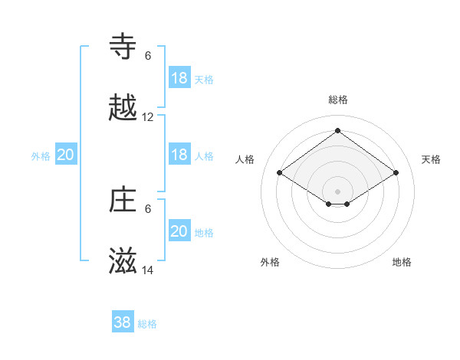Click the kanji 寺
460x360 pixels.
123,46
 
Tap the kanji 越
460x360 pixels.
123,108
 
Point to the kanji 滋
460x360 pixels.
123,262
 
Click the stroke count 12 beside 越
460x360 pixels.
148,117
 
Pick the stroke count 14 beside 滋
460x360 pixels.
148,271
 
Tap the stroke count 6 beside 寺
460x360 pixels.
148,55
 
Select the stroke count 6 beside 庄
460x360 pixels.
148,208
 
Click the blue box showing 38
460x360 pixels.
123,322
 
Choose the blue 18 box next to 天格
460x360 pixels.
179,78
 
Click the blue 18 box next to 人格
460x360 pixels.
179,155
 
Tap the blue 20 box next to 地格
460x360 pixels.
179,231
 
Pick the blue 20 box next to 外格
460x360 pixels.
66,155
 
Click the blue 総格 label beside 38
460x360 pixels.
147,324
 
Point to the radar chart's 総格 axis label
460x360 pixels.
337,100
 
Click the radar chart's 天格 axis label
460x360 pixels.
431,159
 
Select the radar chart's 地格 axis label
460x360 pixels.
402,262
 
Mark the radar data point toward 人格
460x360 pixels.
280,173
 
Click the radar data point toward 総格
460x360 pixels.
337,131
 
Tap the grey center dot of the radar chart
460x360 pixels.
337,191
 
